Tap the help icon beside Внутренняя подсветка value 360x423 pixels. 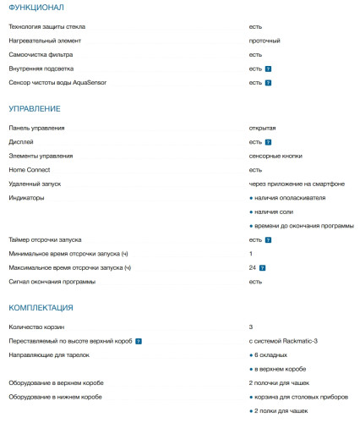pyautogui.click(x=268, y=69)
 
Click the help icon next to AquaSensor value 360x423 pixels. pyautogui.click(x=268, y=83)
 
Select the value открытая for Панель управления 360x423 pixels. pyautogui.click(x=262, y=128)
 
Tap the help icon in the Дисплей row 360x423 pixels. pyautogui.click(x=268, y=142)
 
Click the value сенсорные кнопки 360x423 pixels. pyautogui.click(x=275, y=156)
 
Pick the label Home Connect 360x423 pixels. pyautogui.click(x=30, y=169)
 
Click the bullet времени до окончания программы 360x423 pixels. pyautogui.click(x=303, y=226)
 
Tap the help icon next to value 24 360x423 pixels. pyautogui.click(x=263, y=268)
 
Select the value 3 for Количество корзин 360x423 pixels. pyautogui.click(x=251, y=326)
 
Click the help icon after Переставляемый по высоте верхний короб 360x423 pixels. pyautogui.click(x=138, y=340)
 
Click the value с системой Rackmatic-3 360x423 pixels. pyautogui.click(x=282, y=340)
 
